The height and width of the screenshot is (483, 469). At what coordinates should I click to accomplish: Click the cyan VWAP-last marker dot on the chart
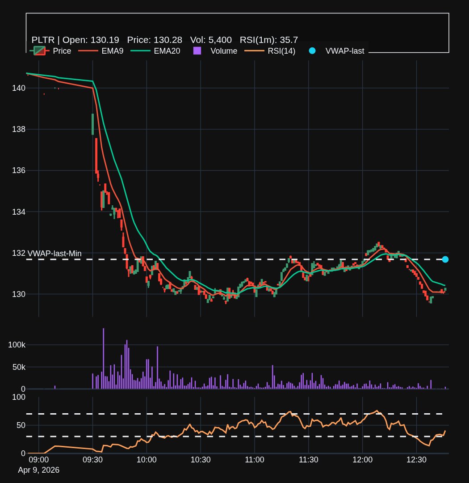pos(445,259)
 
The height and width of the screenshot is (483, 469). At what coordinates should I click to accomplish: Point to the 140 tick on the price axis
pos(19,88)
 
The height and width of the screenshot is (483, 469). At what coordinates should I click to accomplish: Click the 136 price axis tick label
pos(19,170)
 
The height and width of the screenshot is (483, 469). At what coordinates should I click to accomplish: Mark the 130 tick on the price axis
pos(19,294)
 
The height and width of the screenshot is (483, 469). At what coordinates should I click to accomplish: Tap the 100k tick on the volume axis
pos(17,345)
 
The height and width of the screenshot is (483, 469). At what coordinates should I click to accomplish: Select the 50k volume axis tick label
pos(19,367)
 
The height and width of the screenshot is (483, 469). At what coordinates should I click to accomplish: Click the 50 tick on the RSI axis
pos(21,425)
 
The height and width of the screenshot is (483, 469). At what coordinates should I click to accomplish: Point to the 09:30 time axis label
pos(92,459)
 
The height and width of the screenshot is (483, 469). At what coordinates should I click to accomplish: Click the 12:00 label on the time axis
pos(362,459)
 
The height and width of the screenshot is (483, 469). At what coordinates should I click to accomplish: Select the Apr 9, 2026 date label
pos(38,470)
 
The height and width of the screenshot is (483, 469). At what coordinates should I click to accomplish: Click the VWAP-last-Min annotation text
pos(54,254)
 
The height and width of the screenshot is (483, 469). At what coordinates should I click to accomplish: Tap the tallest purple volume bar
pos(103,358)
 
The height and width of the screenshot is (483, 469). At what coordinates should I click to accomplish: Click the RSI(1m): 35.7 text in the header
pos(268,39)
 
